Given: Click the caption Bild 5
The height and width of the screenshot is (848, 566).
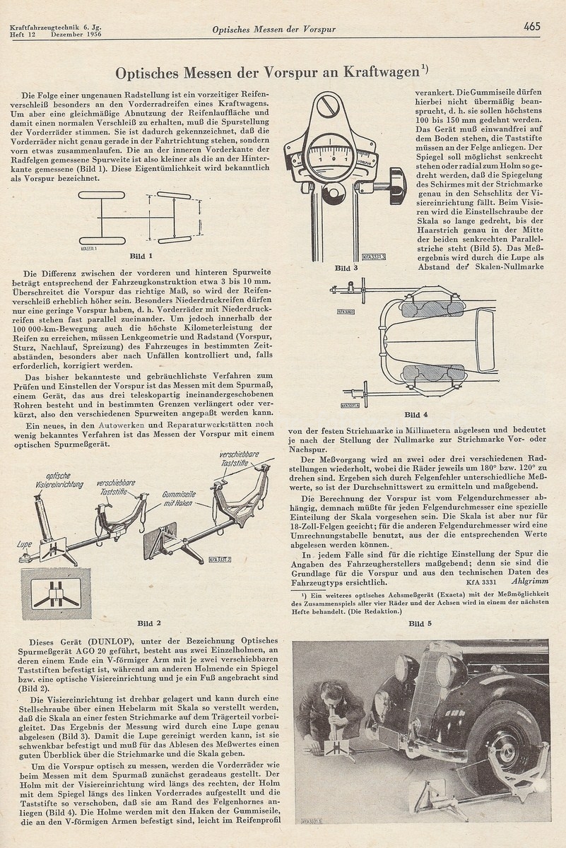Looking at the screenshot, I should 417,623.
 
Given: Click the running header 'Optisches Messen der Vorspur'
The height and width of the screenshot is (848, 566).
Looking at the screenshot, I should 273,30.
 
